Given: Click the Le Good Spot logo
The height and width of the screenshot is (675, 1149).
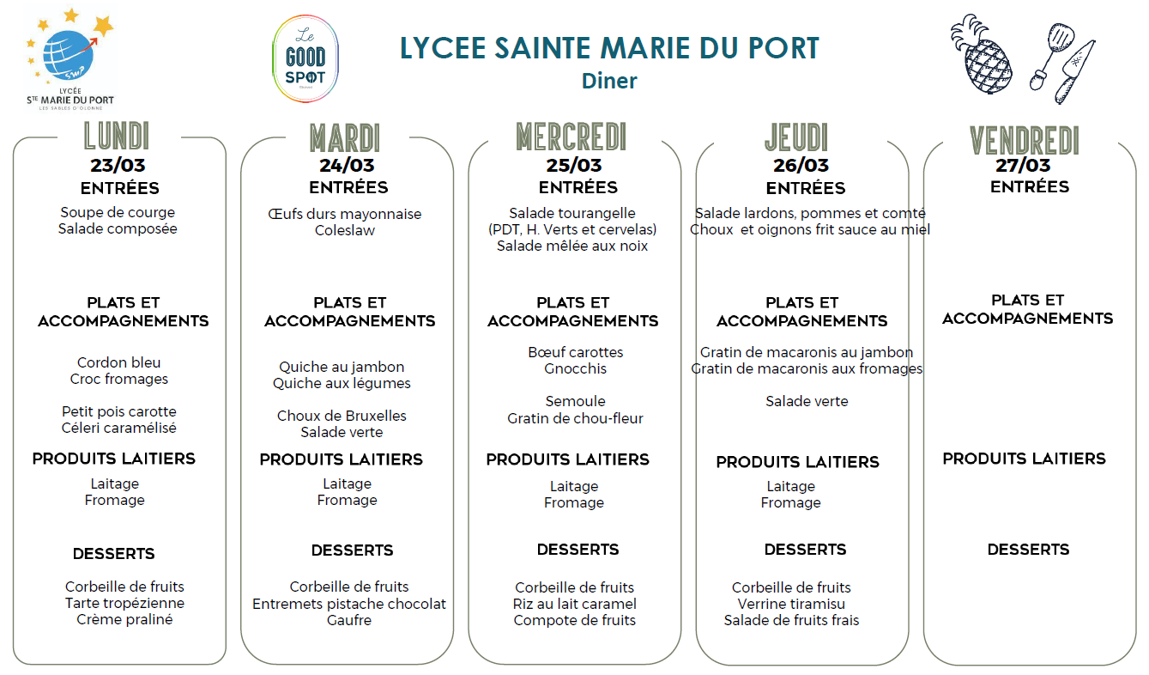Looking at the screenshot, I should tap(305, 58).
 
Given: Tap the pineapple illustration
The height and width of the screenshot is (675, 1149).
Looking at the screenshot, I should tap(982, 56).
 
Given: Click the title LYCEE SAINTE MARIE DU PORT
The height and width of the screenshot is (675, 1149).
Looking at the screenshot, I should tap(609, 48).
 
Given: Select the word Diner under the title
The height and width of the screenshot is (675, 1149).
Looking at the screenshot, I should tap(609, 81).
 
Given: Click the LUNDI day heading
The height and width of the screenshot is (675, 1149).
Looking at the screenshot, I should tap(117, 136).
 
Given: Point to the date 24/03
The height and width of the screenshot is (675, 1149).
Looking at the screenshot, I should tap(347, 166).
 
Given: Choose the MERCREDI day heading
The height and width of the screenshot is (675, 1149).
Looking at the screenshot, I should tap(571, 137).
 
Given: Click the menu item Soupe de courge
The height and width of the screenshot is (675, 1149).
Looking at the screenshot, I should tap(118, 212).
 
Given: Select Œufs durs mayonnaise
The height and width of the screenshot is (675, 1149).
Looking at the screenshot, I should tap(345, 214).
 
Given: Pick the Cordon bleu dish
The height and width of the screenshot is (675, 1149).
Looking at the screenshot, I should tap(119, 362).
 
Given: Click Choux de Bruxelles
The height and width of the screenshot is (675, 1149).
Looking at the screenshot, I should tap(342, 416).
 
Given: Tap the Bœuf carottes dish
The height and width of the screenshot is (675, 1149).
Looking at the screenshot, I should tap(576, 352).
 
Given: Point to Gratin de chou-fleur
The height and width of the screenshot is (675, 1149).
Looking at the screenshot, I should tap(575, 418).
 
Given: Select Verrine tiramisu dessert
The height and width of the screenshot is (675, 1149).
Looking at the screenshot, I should tap(791, 604).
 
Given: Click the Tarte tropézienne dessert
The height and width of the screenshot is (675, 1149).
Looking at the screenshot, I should tap(124, 603).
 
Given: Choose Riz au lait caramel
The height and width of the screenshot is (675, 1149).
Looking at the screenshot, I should tap(575, 604).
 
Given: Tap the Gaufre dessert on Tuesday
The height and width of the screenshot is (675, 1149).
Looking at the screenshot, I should tap(349, 620).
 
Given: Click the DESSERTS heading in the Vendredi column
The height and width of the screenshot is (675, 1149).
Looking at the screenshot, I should tap(1028, 550).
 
